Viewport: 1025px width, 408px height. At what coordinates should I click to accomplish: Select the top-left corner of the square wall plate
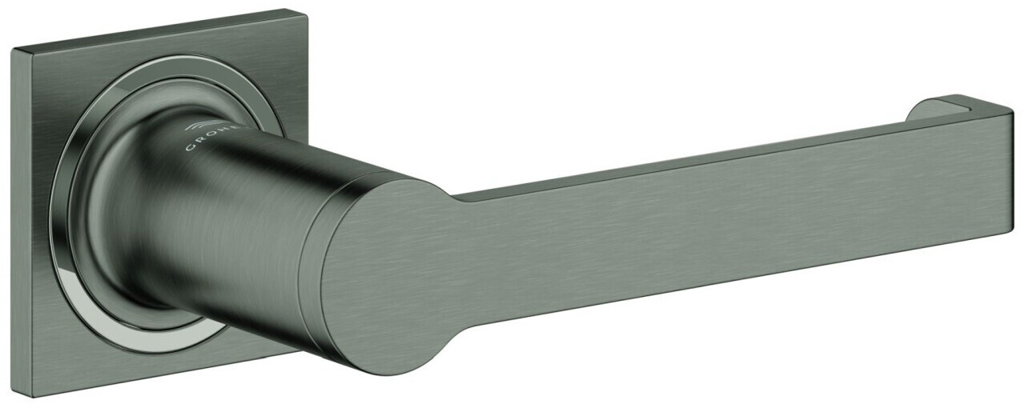click(x=14, y=50)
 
